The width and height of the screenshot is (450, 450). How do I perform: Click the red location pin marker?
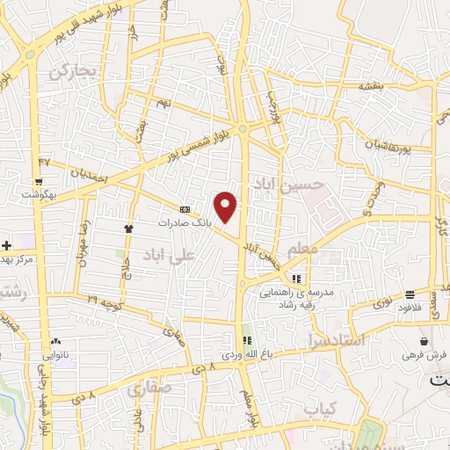pos(227,207)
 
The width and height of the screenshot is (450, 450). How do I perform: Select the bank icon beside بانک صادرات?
pos(185,210)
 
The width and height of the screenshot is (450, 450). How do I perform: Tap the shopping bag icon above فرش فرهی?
pos(425,342)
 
